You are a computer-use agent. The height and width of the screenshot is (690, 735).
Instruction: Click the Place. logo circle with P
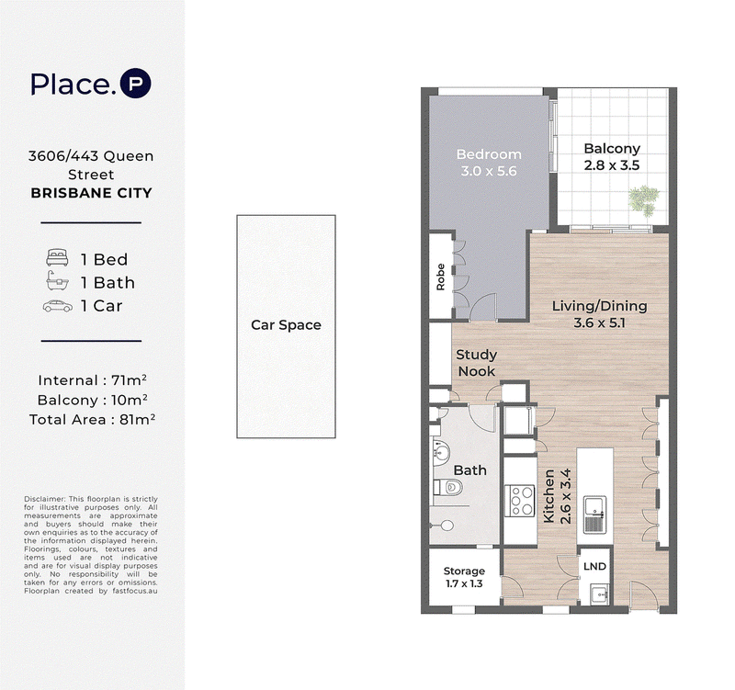click(x=135, y=84)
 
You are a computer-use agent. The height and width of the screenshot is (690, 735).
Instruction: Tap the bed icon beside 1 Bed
click(x=57, y=258)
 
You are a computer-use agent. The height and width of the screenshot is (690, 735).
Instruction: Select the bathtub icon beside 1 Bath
click(x=57, y=282)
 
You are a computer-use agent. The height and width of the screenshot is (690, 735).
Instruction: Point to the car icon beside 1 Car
click(x=57, y=306)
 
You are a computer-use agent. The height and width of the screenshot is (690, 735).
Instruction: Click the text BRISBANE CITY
click(x=91, y=193)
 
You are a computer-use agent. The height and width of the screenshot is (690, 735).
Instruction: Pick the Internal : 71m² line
click(x=93, y=379)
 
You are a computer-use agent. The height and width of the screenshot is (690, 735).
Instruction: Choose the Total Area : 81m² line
click(x=93, y=419)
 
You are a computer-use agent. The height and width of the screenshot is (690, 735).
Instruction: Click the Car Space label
click(x=286, y=325)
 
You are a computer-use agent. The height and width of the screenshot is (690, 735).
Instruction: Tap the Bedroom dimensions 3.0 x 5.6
click(x=489, y=171)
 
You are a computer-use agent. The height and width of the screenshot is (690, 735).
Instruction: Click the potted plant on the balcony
click(x=644, y=200)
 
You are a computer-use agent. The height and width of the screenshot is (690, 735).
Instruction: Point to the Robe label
click(x=440, y=277)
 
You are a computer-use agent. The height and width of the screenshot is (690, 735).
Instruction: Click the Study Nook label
click(x=476, y=363)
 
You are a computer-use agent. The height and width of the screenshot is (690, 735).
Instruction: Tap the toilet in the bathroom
click(x=448, y=488)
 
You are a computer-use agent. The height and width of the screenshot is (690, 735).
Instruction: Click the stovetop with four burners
click(x=520, y=501)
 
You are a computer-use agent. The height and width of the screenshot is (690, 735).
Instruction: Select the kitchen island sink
click(x=594, y=515)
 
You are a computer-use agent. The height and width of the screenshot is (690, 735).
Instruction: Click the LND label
click(x=594, y=566)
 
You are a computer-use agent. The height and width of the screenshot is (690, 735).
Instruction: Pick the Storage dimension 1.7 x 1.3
click(x=464, y=583)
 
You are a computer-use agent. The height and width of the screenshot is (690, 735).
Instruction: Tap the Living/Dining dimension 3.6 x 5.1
click(x=600, y=323)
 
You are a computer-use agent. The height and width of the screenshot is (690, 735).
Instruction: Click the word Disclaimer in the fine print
click(x=44, y=499)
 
